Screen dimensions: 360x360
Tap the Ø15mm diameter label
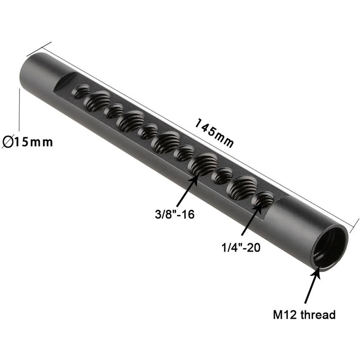27,142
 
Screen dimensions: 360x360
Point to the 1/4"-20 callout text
241,248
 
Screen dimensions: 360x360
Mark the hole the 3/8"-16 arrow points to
203,164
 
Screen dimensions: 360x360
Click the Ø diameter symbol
8,142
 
